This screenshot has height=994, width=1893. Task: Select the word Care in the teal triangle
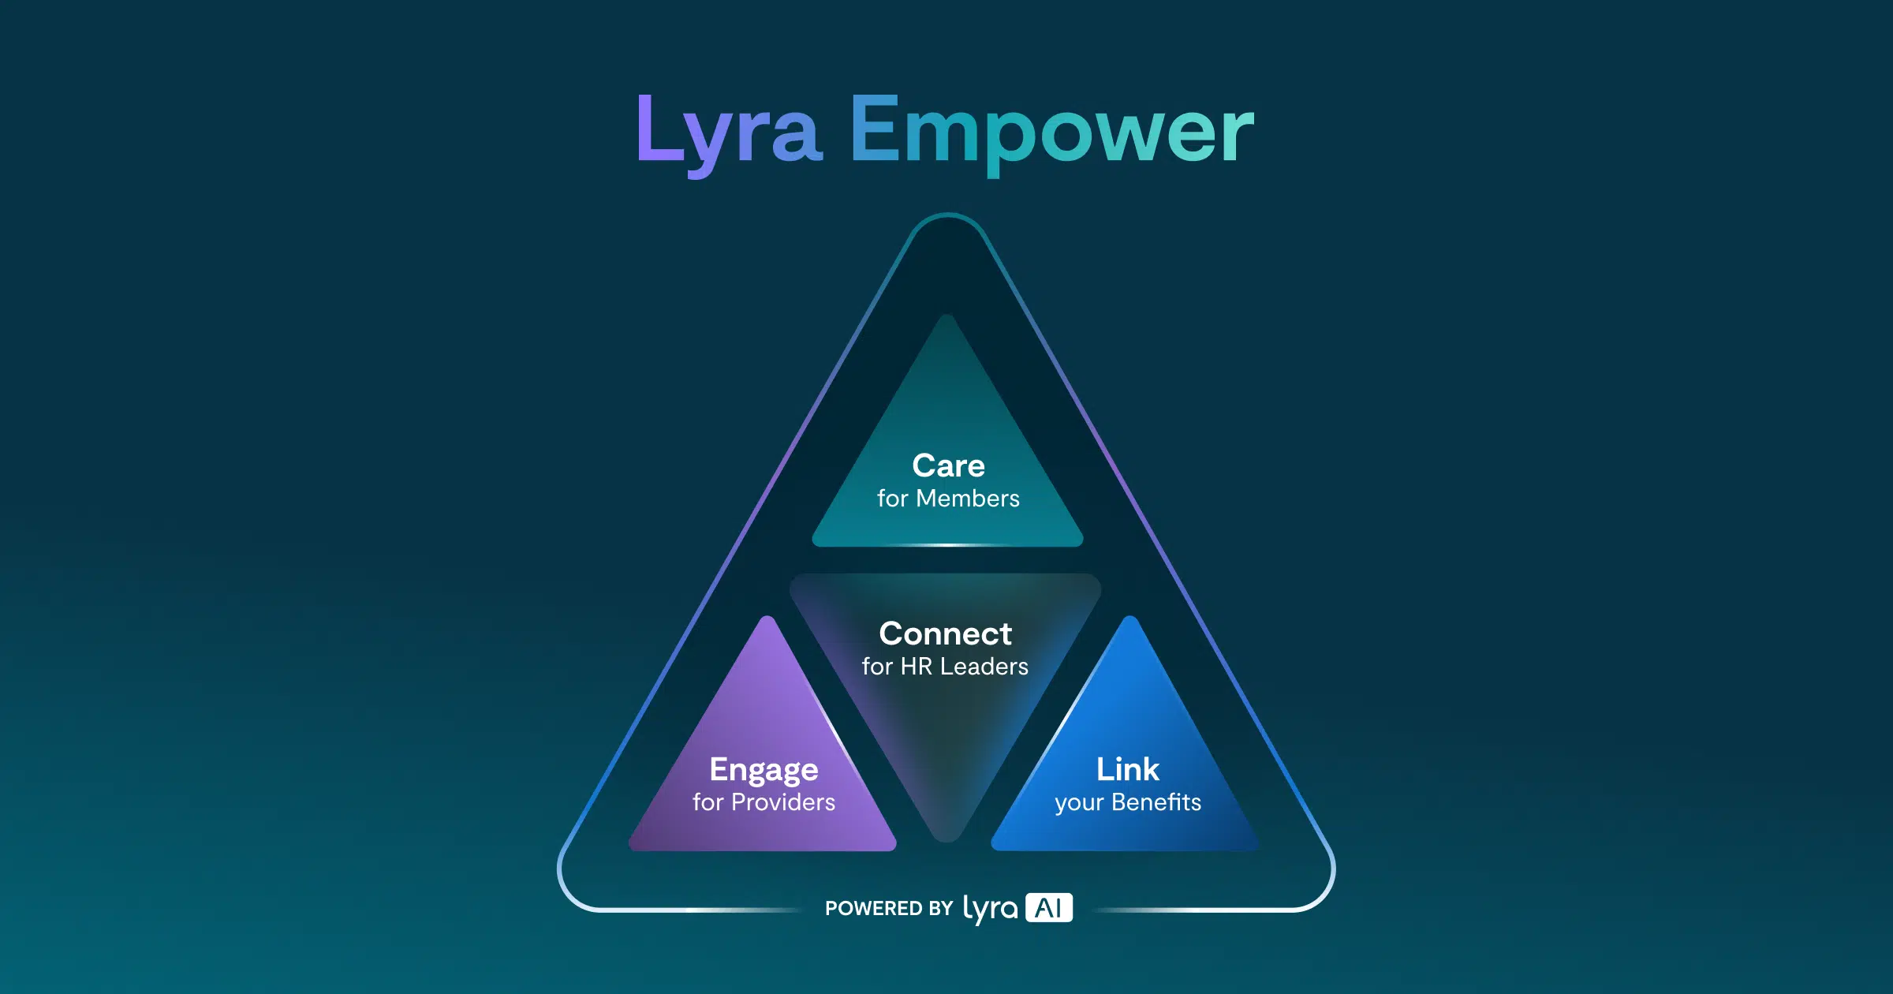click(948, 465)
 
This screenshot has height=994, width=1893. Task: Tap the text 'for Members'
click(948, 499)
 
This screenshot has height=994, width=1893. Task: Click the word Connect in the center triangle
click(945, 633)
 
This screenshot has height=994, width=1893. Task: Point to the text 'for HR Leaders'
click(945, 667)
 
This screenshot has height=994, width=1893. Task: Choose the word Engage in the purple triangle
click(764, 771)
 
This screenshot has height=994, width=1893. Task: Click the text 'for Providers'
click(764, 802)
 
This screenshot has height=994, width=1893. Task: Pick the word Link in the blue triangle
click(1128, 769)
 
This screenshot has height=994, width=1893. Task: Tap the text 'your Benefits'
click(1128, 803)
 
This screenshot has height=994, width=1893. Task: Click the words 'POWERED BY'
click(889, 909)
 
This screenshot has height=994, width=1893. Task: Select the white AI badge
click(1049, 908)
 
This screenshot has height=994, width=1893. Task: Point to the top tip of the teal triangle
click(947, 316)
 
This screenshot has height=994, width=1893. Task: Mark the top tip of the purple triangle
click(767, 617)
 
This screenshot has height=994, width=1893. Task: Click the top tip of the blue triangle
click(1130, 617)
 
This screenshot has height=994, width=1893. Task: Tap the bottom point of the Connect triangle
click(946, 841)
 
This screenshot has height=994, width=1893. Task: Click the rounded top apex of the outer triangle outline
click(948, 215)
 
